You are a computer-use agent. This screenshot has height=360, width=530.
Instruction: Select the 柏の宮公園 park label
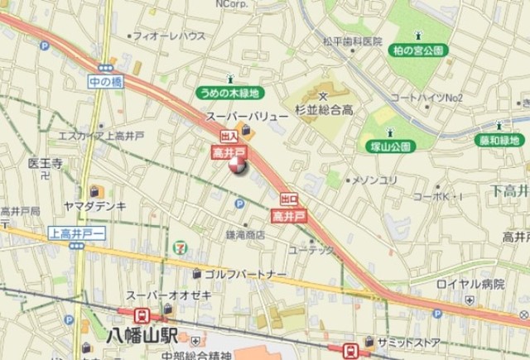click(x=417, y=50)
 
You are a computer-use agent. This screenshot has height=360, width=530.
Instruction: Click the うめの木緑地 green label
click(x=229, y=94)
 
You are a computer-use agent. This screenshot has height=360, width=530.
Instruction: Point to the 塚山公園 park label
click(x=389, y=146)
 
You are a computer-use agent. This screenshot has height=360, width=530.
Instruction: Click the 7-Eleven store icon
click(x=180, y=246)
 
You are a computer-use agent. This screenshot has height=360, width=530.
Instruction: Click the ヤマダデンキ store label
click(x=94, y=205)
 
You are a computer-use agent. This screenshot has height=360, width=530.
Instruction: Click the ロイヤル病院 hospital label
click(x=470, y=284)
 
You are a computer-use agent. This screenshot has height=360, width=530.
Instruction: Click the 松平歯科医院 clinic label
click(x=352, y=41)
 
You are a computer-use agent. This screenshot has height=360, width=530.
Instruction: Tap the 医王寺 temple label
click(x=46, y=162)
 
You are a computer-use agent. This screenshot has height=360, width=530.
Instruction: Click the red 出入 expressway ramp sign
click(x=228, y=137)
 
